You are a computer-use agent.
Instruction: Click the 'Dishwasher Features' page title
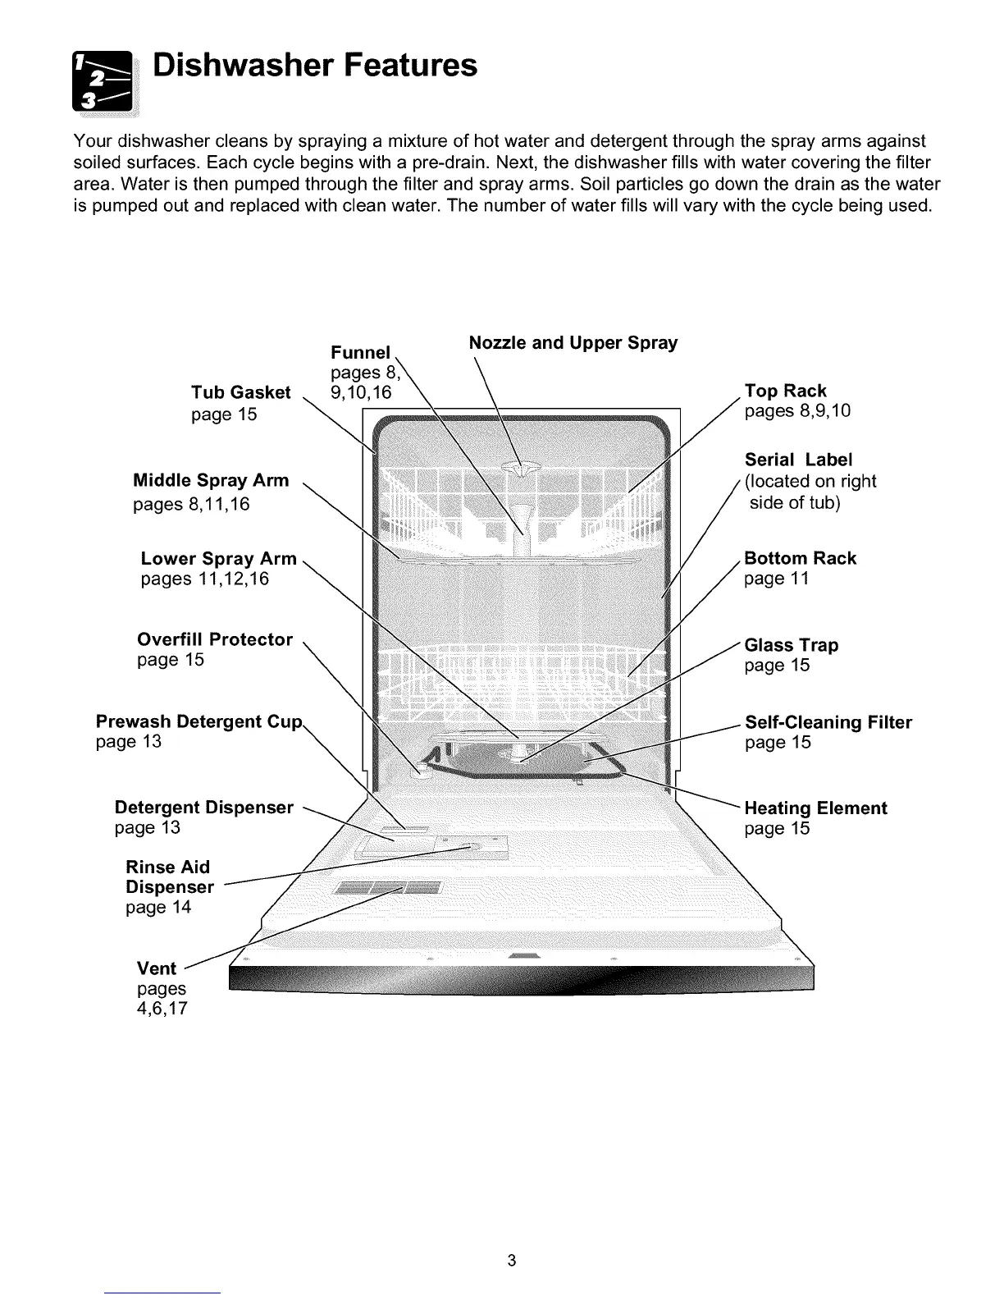click(315, 65)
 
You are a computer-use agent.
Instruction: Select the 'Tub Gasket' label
click(240, 392)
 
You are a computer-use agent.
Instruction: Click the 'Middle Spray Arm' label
click(211, 480)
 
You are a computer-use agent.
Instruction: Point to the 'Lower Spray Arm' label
click(218, 559)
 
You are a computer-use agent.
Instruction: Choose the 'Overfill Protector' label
click(214, 639)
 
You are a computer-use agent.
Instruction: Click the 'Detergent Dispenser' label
click(203, 808)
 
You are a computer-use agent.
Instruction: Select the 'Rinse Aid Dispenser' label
click(169, 877)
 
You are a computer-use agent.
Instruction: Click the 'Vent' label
click(156, 968)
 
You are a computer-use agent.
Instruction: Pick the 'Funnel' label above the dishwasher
click(360, 353)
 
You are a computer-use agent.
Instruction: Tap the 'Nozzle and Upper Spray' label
click(573, 342)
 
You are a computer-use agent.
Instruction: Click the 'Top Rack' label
click(785, 391)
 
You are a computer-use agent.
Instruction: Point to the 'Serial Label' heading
click(798, 460)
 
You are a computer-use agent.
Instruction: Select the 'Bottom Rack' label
click(800, 558)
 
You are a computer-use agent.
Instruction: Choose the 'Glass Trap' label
click(791, 645)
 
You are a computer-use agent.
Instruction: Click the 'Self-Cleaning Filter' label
click(828, 722)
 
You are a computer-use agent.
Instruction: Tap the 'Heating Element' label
click(815, 808)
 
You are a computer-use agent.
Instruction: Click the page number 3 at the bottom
click(510, 1261)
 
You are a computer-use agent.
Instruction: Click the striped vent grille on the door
click(386, 889)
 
